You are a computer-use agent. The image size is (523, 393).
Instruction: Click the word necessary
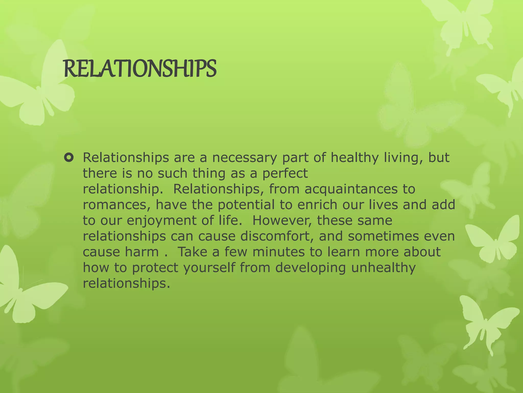click(244, 158)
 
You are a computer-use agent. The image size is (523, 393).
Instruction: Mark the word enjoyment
click(162, 221)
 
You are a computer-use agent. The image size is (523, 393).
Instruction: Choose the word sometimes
click(383, 236)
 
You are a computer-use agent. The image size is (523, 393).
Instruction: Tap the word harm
click(142, 252)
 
